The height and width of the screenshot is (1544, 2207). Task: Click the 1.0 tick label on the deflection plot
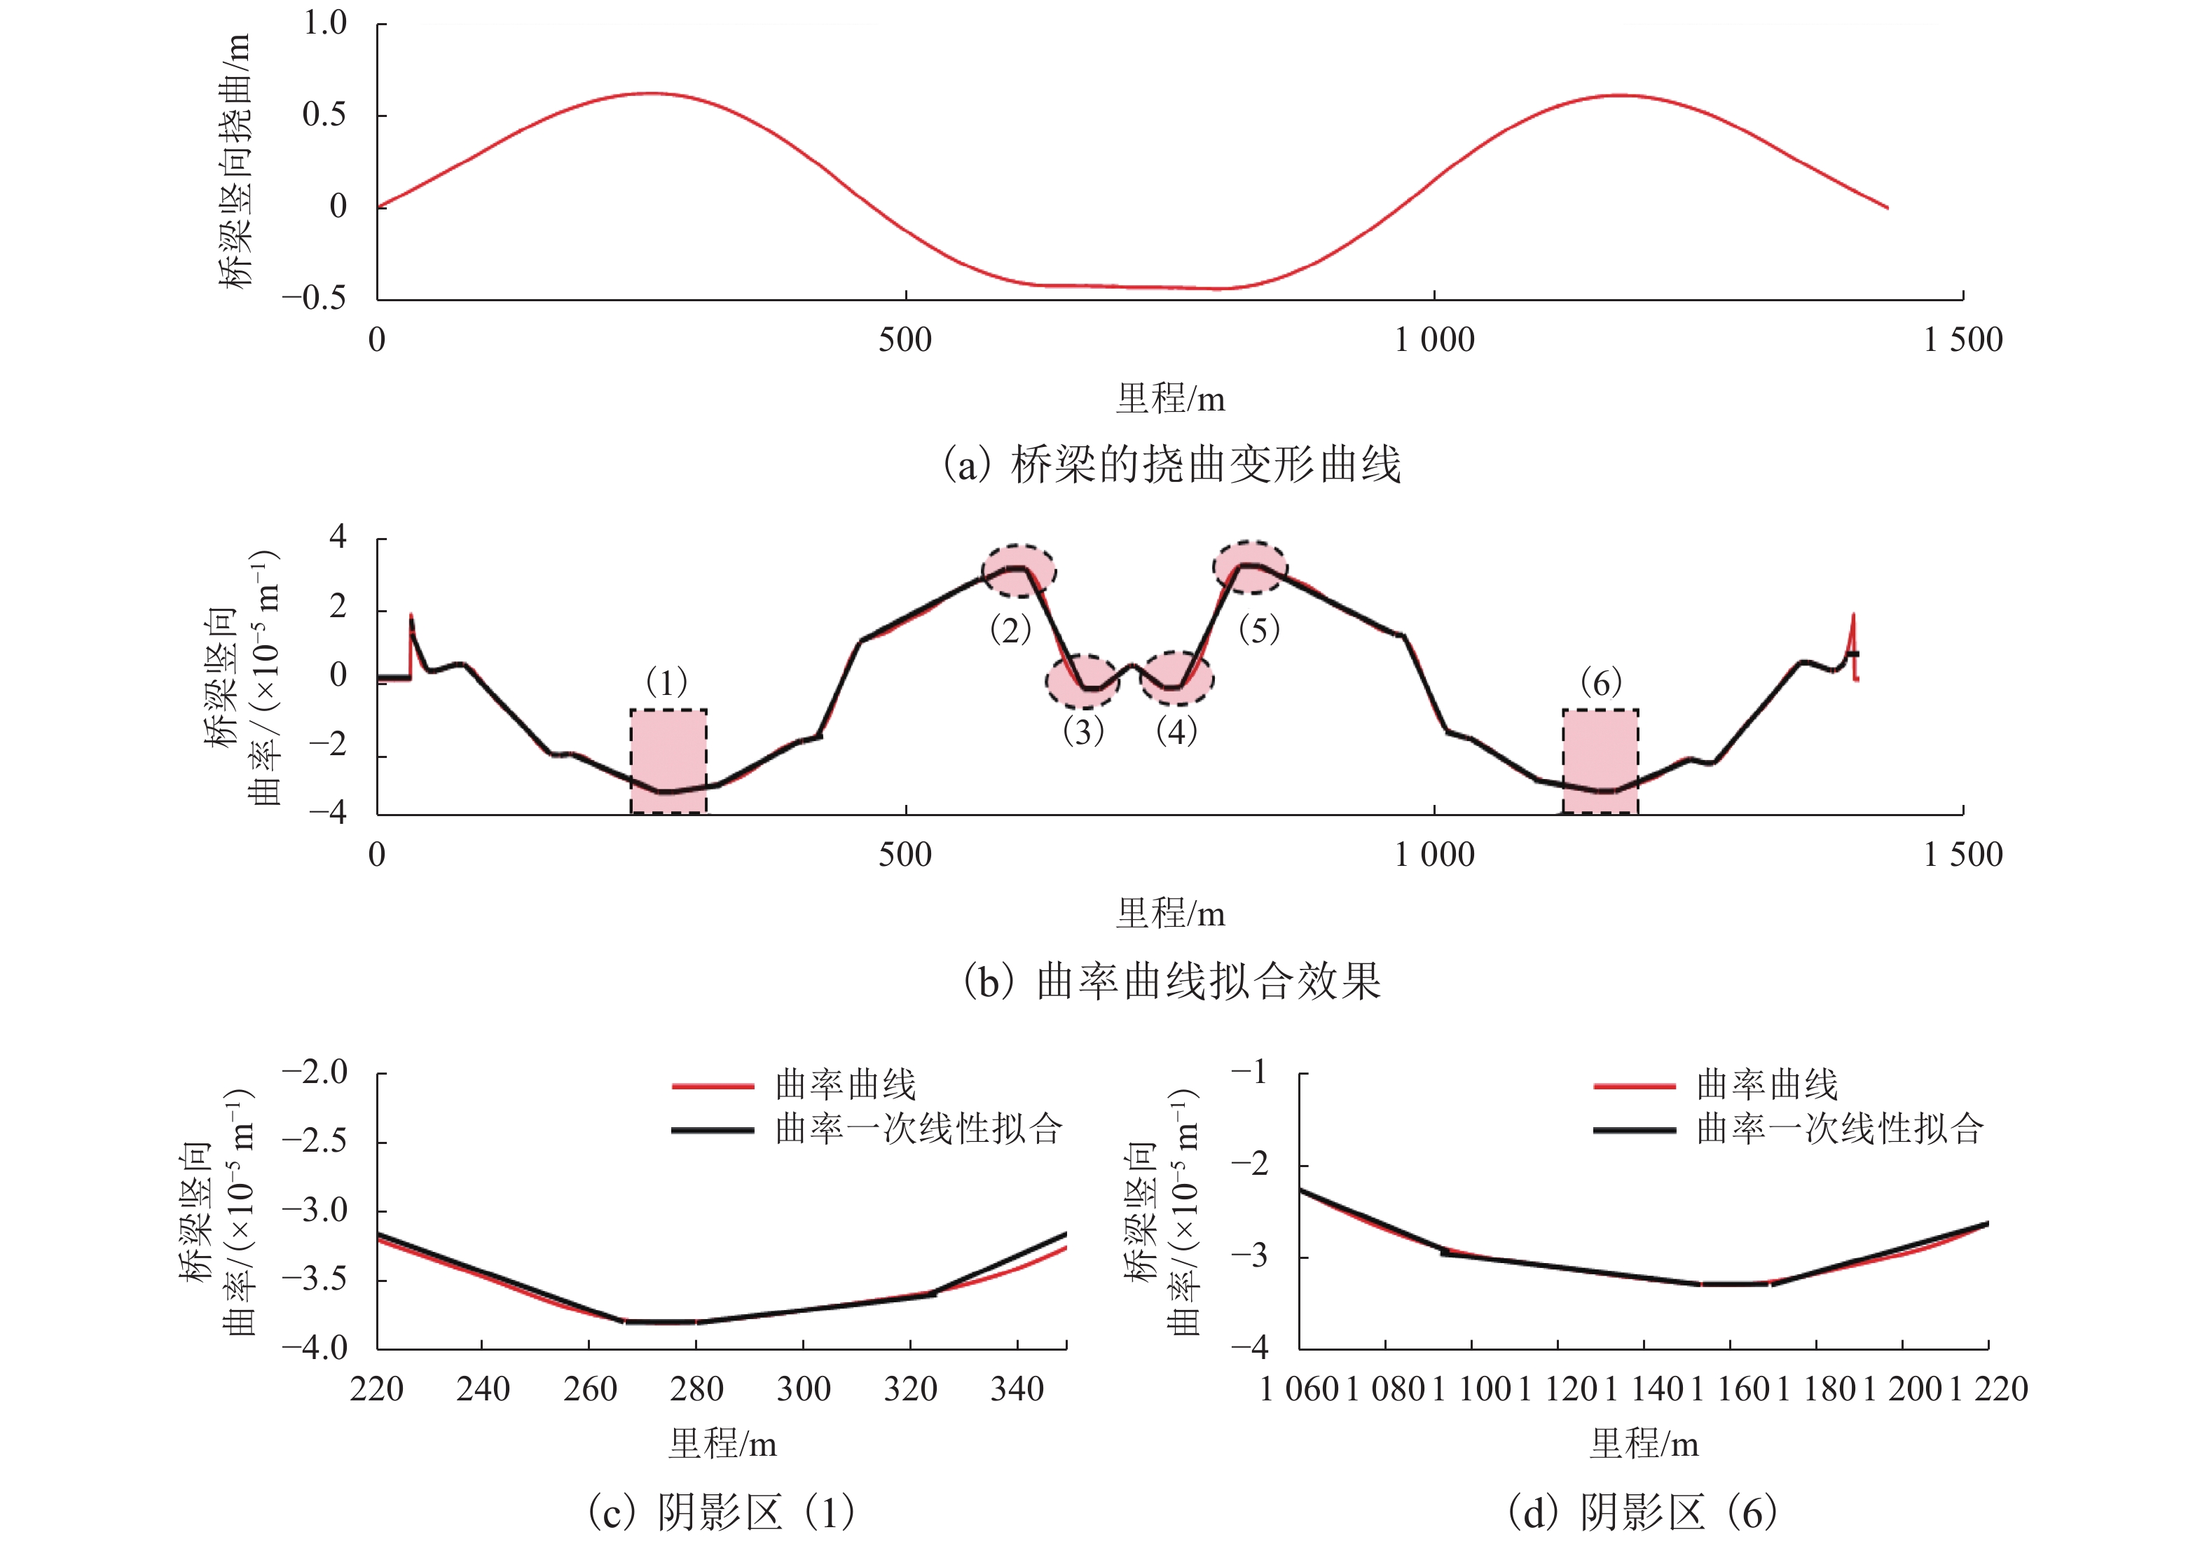coord(325,23)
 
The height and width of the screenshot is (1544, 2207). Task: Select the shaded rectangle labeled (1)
coord(668,761)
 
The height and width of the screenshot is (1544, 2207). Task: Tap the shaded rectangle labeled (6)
coord(1600,761)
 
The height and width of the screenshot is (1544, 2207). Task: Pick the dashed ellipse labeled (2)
coord(1019,570)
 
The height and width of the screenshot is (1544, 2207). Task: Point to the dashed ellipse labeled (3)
coord(1082,682)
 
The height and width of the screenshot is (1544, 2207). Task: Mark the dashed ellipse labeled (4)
coord(1176,679)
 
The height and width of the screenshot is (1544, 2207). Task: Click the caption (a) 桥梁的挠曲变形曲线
coord(1171,465)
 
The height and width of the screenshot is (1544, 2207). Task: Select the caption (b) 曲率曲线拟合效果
coord(1171,981)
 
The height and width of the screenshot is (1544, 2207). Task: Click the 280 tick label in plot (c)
coord(696,1389)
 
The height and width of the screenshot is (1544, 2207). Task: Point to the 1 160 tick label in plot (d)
coord(1729,1389)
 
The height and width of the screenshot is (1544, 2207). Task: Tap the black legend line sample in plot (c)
coord(713,1130)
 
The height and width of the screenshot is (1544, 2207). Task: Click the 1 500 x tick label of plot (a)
coord(1962,339)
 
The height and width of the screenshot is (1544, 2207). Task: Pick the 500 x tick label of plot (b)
coord(905,855)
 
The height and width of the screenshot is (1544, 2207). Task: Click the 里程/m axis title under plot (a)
coord(1170,398)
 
